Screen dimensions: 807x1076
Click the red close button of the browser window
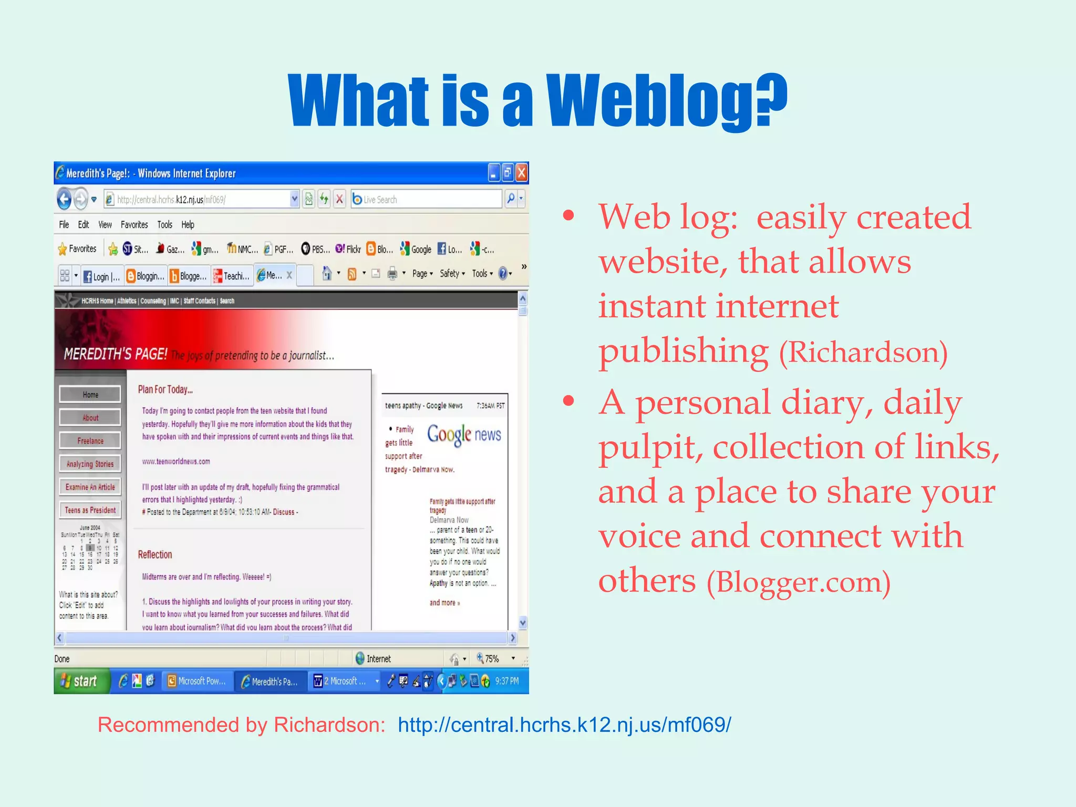click(521, 173)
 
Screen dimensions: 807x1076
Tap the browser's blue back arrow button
click(64, 199)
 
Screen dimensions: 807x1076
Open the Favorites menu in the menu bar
click(134, 225)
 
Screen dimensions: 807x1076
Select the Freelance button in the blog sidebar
click(90, 441)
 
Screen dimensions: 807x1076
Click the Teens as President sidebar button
click(90, 510)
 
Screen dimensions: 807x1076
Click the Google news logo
click(463, 435)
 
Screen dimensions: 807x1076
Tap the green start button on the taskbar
click(80, 681)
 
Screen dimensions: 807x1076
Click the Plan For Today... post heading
click(165, 389)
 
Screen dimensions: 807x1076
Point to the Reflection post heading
click(154, 555)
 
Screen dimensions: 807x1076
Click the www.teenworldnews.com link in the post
click(176, 462)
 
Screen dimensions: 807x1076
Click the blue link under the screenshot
click(564, 725)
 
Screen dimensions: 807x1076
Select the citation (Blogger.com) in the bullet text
click(798, 583)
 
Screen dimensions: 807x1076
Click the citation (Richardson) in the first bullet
click(863, 352)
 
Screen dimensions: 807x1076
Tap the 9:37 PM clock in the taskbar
click(506, 681)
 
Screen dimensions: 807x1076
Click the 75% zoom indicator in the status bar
click(489, 659)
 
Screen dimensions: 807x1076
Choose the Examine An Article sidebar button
click(90, 487)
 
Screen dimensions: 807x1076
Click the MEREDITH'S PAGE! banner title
click(116, 354)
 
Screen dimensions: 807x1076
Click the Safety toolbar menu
click(451, 274)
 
